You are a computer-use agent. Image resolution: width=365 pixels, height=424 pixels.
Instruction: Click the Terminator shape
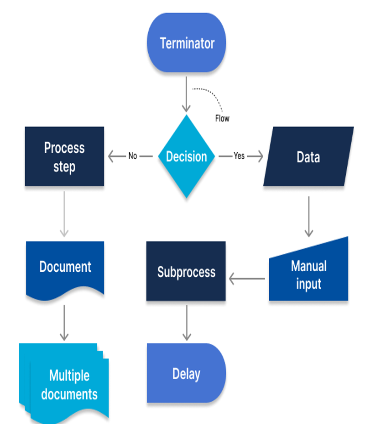[x=186, y=43]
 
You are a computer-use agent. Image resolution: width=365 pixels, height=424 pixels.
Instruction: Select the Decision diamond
[x=186, y=156]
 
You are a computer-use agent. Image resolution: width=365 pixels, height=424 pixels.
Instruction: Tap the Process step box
[x=64, y=156]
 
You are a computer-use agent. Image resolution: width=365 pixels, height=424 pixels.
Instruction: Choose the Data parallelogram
[x=308, y=156]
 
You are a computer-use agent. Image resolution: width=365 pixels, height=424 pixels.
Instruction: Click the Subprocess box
[x=186, y=271]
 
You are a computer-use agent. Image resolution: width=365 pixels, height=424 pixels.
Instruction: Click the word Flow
[x=222, y=119]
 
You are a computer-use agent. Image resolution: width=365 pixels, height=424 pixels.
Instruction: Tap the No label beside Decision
[x=133, y=156]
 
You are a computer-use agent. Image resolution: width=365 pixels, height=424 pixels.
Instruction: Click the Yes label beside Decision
[x=239, y=156]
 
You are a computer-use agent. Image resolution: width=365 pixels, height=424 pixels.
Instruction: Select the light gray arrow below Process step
[x=64, y=213]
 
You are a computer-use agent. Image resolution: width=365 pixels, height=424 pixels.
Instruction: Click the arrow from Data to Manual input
[x=309, y=216]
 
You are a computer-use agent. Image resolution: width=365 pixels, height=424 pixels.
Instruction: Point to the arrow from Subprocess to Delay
[x=186, y=322]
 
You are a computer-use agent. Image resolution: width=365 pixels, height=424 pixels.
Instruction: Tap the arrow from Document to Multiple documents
[x=64, y=322]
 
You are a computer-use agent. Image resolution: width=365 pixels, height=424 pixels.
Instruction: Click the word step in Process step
[x=64, y=167]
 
